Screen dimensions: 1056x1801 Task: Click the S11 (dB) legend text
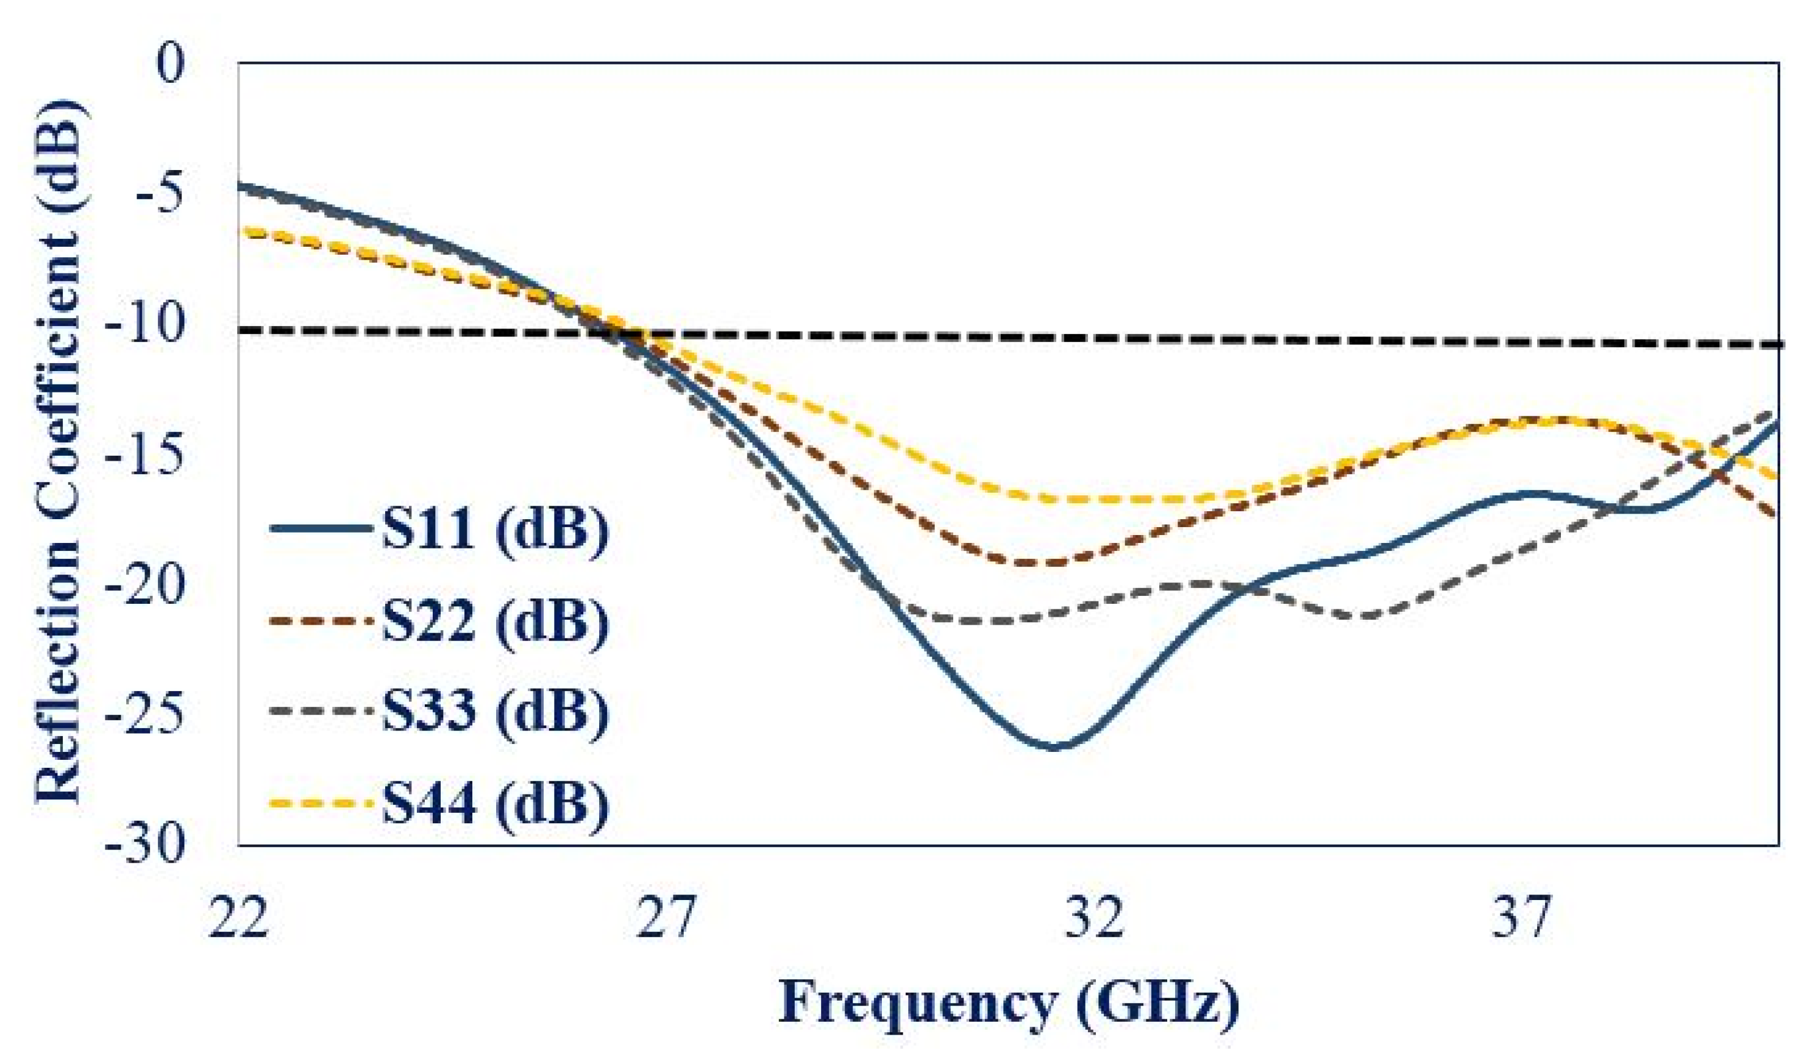(494, 530)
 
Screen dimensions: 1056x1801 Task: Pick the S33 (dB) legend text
(494, 711)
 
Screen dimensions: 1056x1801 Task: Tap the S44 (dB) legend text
(494, 803)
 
